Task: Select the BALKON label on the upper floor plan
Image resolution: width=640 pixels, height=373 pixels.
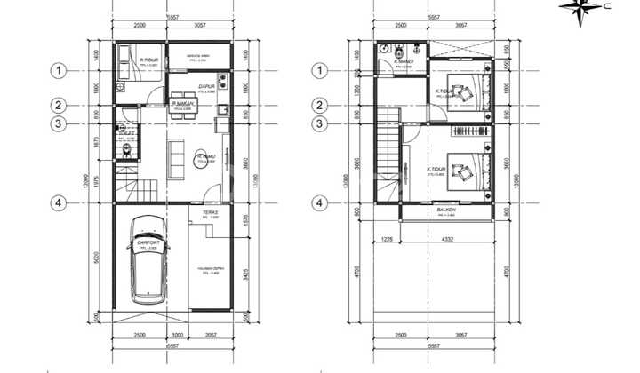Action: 446,210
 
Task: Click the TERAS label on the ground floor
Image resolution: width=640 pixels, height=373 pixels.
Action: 210,213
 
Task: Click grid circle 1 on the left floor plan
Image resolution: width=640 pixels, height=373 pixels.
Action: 59,70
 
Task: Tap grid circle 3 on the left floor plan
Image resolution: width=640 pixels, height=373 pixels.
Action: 59,123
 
